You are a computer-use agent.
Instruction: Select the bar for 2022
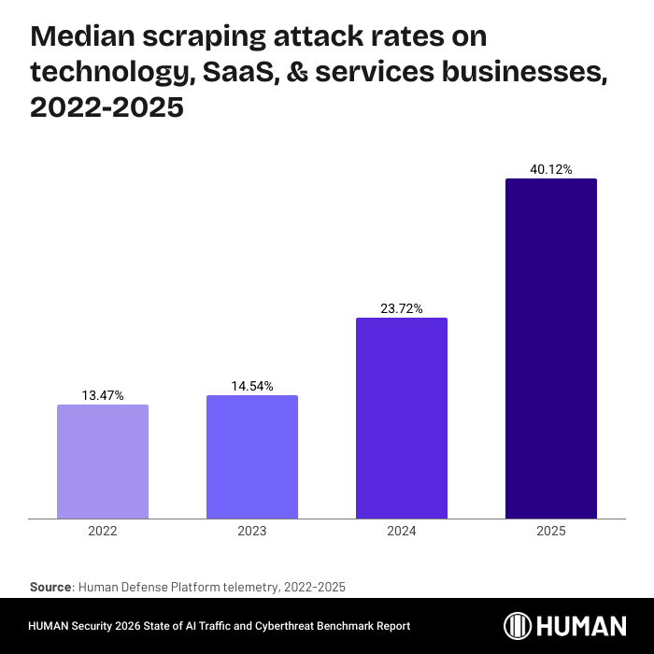point(103,462)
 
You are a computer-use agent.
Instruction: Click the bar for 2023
point(252,457)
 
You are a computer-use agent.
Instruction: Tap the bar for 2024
point(402,418)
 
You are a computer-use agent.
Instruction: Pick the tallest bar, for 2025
point(551,348)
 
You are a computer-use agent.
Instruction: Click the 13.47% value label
point(103,395)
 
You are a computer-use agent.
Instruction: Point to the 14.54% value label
point(252,386)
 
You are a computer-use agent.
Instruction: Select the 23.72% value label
point(402,308)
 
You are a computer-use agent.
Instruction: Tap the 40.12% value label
point(551,169)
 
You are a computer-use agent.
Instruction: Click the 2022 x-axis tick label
point(103,531)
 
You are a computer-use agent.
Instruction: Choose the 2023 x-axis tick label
point(252,531)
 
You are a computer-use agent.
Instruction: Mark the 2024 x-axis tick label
point(402,531)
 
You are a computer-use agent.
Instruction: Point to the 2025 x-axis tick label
point(551,531)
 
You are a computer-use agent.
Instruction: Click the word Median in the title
point(82,37)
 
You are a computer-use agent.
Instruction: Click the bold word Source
point(51,587)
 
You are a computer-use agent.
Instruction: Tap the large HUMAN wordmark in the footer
point(584,625)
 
